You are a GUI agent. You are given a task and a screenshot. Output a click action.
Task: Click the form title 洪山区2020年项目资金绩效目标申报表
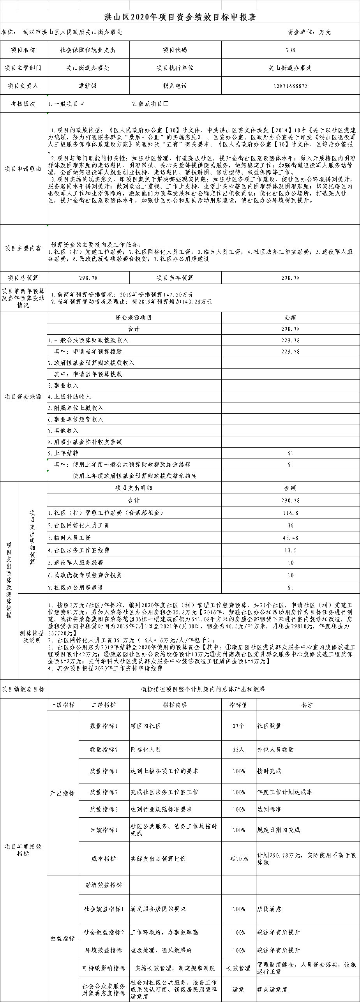180,17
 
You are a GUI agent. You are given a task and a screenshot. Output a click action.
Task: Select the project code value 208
290,50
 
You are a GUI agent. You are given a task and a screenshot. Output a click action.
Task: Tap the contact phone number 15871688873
290,86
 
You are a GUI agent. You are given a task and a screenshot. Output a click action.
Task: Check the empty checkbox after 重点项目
166,104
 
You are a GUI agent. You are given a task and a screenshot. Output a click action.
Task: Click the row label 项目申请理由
23,169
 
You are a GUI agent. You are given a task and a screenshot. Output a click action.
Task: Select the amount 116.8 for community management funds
290,513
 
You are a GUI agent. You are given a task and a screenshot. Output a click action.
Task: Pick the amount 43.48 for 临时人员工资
290,538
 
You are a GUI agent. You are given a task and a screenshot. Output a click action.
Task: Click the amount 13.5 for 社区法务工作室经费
290,550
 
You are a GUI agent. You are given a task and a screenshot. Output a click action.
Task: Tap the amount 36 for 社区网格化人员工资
290,525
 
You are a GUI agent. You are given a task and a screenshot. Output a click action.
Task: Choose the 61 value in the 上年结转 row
290,453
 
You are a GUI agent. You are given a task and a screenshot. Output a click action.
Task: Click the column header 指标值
238,705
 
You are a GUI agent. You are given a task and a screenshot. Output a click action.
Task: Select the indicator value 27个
238,726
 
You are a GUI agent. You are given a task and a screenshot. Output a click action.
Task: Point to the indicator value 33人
238,750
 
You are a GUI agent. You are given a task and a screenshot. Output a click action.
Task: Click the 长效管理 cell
238,968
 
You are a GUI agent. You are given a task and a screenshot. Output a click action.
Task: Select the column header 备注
307,705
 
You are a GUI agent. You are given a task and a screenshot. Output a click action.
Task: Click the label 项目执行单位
175,68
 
